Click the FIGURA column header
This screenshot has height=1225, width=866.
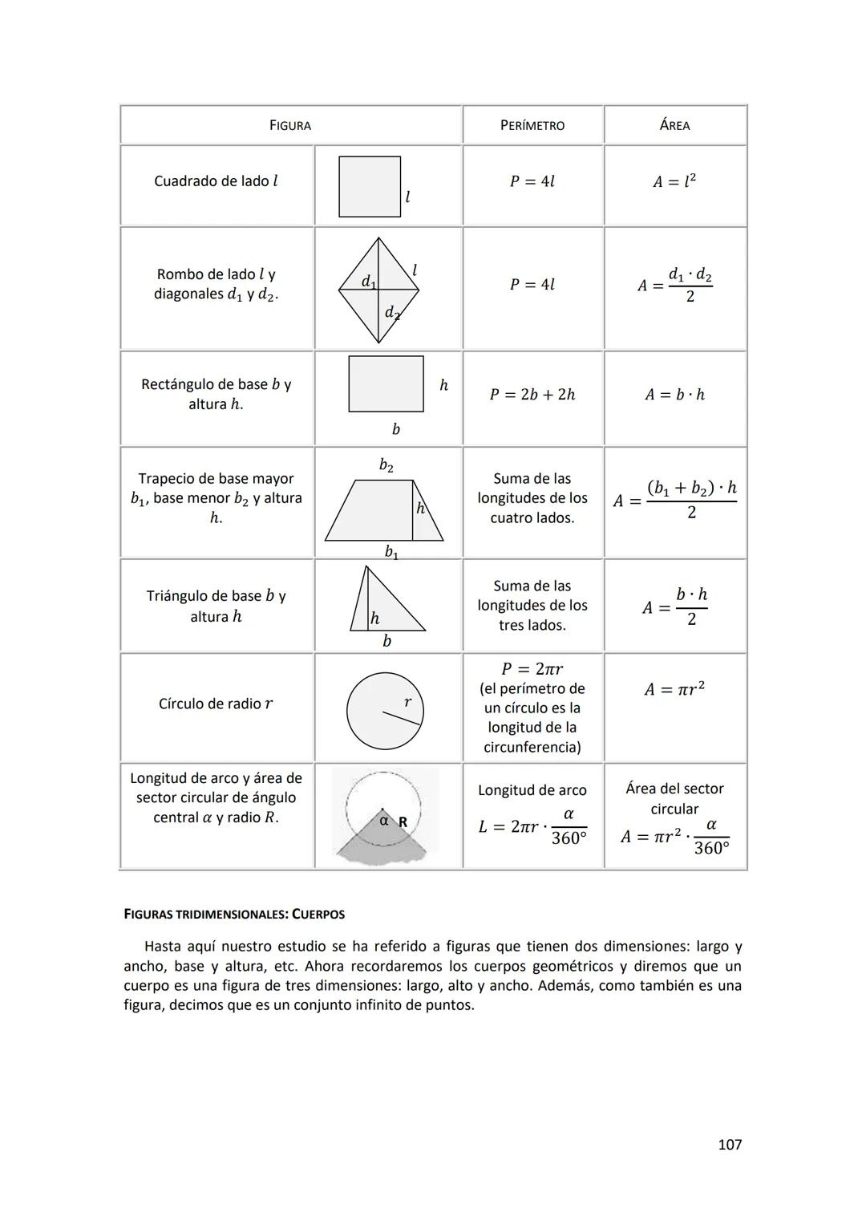pyautogui.click(x=289, y=125)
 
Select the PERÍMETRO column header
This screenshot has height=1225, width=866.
pyautogui.click(x=532, y=125)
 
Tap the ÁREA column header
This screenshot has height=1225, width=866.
pyautogui.click(x=674, y=125)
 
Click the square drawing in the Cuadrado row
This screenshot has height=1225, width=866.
pyautogui.click(x=370, y=187)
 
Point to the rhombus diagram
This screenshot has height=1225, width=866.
pyautogui.click(x=378, y=290)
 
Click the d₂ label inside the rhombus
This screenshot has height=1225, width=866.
pyautogui.click(x=391, y=313)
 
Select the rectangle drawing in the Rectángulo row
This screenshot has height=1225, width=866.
pyautogui.click(x=386, y=384)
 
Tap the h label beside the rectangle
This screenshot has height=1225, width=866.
pyautogui.click(x=443, y=386)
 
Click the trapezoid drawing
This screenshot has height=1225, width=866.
pyautogui.click(x=383, y=511)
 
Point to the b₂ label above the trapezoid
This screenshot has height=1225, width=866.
pyautogui.click(x=386, y=465)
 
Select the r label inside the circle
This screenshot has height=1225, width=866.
pyautogui.click(x=407, y=702)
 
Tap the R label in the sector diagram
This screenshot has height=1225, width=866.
pyautogui.click(x=403, y=822)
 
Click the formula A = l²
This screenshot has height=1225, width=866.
pyautogui.click(x=674, y=181)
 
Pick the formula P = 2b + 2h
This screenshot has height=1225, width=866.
pyautogui.click(x=532, y=395)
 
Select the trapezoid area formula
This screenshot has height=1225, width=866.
pyautogui.click(x=675, y=500)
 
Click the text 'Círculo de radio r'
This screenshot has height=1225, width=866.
pyautogui.click(x=216, y=704)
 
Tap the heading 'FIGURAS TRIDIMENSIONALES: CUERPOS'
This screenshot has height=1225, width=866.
pyautogui.click(x=234, y=914)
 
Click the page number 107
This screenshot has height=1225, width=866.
pyautogui.click(x=729, y=1145)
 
